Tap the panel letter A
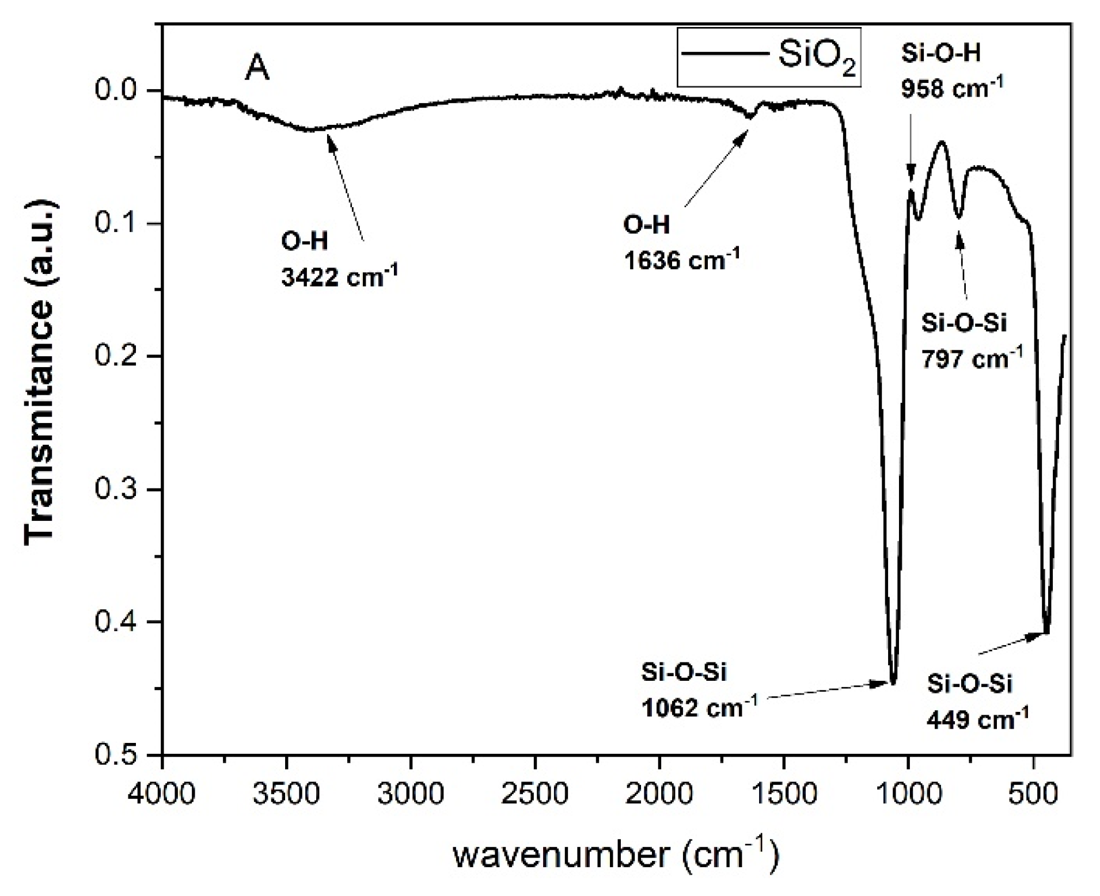click(257, 69)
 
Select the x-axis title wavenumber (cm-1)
click(616, 854)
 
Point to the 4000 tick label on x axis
click(163, 794)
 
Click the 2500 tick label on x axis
click(535, 794)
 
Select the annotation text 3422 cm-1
click(339, 277)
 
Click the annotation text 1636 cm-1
click(681, 260)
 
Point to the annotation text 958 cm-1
click(952, 87)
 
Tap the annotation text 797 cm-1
click(972, 359)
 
